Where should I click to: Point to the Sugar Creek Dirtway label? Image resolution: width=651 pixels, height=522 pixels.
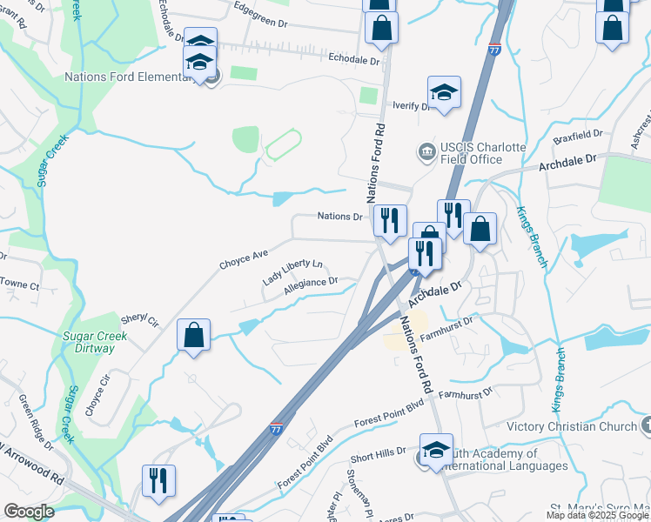88,342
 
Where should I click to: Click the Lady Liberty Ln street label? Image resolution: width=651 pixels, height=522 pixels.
292,272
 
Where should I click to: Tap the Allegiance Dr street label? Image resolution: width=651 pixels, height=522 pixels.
311,286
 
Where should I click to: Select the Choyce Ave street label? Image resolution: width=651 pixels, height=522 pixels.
243,258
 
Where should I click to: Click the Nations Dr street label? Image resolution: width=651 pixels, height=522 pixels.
339,216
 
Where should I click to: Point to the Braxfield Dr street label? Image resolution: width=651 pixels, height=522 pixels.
578,135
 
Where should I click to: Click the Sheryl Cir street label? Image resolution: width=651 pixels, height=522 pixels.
141,321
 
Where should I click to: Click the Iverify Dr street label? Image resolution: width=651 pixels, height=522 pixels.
412,106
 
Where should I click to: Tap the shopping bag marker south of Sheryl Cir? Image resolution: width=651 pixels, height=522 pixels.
193,336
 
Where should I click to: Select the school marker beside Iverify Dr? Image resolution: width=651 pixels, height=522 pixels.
444,92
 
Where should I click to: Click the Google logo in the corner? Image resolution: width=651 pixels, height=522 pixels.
29,512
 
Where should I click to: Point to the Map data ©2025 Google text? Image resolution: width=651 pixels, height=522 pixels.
596,515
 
